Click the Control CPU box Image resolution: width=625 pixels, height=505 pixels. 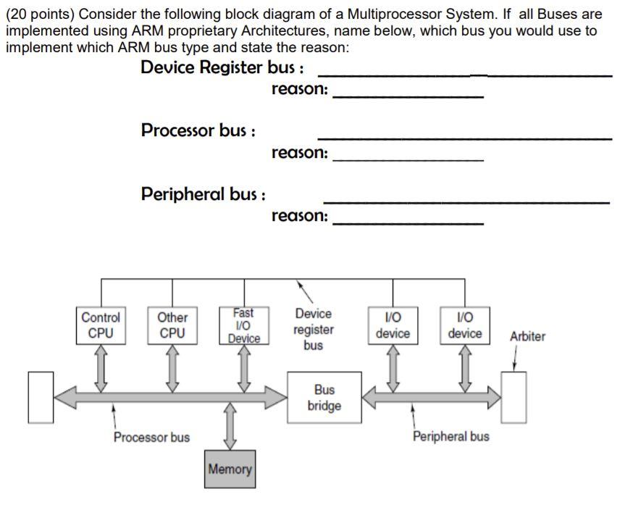point(101,325)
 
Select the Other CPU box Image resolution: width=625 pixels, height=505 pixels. point(172,325)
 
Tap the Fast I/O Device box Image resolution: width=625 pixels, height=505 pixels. point(244,325)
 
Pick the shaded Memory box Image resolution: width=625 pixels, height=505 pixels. point(230,469)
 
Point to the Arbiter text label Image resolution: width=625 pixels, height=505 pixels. point(527,336)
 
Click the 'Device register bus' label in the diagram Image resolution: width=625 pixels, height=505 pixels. point(314,330)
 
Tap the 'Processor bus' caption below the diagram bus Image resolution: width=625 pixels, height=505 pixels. point(151,437)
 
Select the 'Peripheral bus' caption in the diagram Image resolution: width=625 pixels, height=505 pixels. point(450,436)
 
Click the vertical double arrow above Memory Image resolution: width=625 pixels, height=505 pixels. point(230,426)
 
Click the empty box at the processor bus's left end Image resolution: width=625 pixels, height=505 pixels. point(41,397)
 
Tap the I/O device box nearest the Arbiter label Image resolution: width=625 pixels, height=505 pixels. point(465,325)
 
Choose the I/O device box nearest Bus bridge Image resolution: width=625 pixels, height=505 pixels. point(393,325)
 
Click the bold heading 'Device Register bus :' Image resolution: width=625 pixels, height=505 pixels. point(222,68)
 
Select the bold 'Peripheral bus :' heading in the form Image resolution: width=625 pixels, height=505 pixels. point(204,194)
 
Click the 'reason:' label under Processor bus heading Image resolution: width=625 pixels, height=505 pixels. point(300,153)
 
